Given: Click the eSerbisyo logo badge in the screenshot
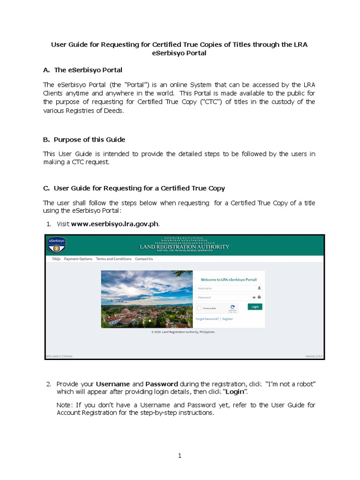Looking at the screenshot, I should tap(56, 245).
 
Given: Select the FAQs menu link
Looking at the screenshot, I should tap(56, 259).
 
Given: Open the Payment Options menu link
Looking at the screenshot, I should tap(78, 259).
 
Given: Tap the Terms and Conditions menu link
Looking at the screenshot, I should tap(113, 259).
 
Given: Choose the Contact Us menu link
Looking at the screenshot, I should tap(144, 259).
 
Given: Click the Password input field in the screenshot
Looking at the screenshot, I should tap(223, 297).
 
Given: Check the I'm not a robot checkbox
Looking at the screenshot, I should tap(200, 308).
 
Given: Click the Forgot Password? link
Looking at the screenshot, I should tap(207, 319).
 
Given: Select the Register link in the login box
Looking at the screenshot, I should tap(227, 319).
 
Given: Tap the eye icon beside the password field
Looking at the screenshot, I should tap(254, 297).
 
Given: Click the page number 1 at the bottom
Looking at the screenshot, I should tap(180, 456).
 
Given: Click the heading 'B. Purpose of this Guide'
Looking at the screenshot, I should tap(84, 140).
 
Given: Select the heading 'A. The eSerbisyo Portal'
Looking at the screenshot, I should tap(82, 70).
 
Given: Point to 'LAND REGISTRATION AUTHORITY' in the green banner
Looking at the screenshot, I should tap(184, 247).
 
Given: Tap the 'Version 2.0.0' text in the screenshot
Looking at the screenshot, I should tap(314, 356).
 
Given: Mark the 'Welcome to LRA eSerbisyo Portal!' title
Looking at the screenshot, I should tap(228, 279).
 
